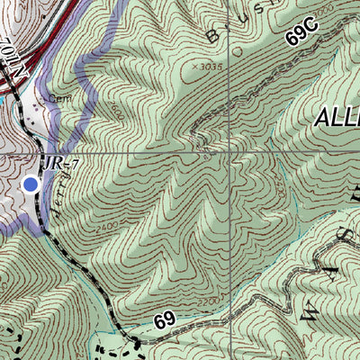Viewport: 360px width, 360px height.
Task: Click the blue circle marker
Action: tap(31, 184)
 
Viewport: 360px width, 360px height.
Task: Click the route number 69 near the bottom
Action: tap(163, 320)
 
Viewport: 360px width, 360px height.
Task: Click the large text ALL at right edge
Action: tap(337, 118)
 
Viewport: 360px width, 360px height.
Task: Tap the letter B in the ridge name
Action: tap(213, 36)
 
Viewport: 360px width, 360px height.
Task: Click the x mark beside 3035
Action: tap(194, 67)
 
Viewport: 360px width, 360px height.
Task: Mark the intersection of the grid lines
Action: tap(230, 153)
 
